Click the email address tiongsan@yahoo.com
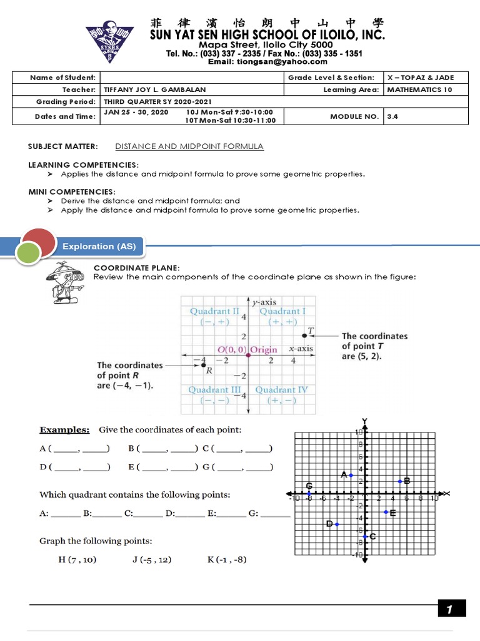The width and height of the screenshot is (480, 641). coord(267,61)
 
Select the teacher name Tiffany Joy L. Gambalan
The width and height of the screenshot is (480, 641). coord(154,90)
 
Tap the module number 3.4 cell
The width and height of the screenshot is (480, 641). coord(425,116)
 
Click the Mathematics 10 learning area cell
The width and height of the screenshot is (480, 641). coord(425,90)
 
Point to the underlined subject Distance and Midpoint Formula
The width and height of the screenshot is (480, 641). coord(189,146)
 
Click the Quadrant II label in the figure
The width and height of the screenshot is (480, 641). coord(214,311)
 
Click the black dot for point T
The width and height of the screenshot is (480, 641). coord(304,336)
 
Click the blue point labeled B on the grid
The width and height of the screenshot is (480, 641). coord(400,481)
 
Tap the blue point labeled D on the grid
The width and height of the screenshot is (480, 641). coord(337,524)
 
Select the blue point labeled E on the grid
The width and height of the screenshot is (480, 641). coord(386,512)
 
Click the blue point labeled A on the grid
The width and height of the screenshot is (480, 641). coord(351,476)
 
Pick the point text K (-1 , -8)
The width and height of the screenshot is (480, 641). coord(227,559)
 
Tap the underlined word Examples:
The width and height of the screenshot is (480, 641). coord(64,430)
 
